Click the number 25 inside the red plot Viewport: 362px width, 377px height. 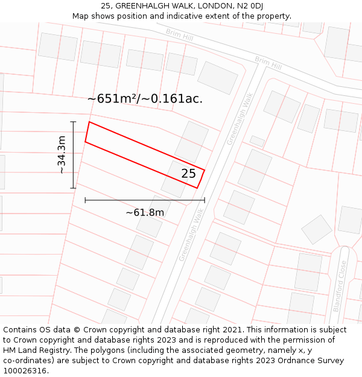pos(189,174)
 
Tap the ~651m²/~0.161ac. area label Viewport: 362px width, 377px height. pos(145,99)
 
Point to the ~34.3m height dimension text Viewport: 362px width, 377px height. pos(62,155)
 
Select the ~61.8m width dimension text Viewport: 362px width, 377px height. pos(145,212)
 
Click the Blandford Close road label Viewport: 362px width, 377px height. pos(339,286)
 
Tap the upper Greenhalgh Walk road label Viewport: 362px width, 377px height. pos(239,118)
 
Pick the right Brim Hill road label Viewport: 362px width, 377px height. pos(268,62)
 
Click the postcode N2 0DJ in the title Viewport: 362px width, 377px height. pos(248,6)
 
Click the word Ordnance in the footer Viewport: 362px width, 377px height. pos(287,361)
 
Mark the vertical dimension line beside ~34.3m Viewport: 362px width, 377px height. pos(74,155)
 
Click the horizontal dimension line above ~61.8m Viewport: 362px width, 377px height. pos(145,200)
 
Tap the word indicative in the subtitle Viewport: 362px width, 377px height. pos(186,16)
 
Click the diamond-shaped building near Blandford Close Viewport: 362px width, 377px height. pos(317,229)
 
